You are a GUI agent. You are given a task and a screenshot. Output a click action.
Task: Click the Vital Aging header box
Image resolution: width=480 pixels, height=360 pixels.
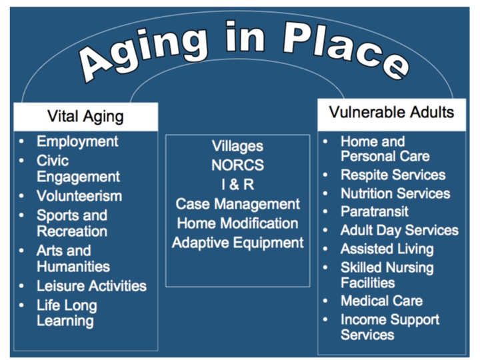pyautogui.click(x=86, y=117)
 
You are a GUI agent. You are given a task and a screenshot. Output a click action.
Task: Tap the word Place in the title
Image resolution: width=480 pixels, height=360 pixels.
pyautogui.click(x=346, y=49)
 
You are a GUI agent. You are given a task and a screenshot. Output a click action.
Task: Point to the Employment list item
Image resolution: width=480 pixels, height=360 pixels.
pyautogui.click(x=77, y=142)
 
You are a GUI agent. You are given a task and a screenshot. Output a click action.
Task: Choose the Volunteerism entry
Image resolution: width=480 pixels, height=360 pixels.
pyautogui.click(x=79, y=196)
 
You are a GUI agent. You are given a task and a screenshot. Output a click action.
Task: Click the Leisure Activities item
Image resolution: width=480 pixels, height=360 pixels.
pyautogui.click(x=91, y=286)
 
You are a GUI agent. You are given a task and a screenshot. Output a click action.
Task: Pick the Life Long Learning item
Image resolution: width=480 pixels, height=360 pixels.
pyautogui.click(x=67, y=313)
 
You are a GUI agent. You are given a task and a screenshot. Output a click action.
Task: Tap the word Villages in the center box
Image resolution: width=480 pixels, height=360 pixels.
pyautogui.click(x=237, y=147)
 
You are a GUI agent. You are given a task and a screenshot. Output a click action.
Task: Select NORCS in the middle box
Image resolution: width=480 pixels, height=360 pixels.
pyautogui.click(x=237, y=165)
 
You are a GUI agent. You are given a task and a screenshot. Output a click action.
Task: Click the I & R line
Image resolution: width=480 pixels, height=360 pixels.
pyautogui.click(x=237, y=185)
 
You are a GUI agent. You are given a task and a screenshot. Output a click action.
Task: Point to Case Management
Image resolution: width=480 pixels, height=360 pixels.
pyautogui.click(x=237, y=204)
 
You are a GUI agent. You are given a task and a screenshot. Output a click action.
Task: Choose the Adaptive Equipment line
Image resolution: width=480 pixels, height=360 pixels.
pyautogui.click(x=237, y=243)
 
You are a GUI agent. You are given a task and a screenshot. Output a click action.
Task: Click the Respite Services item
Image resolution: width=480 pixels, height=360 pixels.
pyautogui.click(x=393, y=175)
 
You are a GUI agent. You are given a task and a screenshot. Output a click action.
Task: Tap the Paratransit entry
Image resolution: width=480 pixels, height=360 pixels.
pyautogui.click(x=375, y=211)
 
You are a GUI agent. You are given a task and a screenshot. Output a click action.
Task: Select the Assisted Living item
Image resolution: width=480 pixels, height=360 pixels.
pyautogui.click(x=387, y=249)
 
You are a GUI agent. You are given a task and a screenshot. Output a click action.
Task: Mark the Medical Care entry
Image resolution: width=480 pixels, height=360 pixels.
pyautogui.click(x=382, y=301)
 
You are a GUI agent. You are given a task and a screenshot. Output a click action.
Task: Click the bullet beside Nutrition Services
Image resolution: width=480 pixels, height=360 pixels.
pyautogui.click(x=325, y=193)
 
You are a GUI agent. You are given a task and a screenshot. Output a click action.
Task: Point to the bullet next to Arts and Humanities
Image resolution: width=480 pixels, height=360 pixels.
pyautogui.click(x=21, y=251)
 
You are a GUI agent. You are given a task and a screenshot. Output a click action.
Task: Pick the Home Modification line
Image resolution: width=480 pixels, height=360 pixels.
pyautogui.click(x=237, y=223)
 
